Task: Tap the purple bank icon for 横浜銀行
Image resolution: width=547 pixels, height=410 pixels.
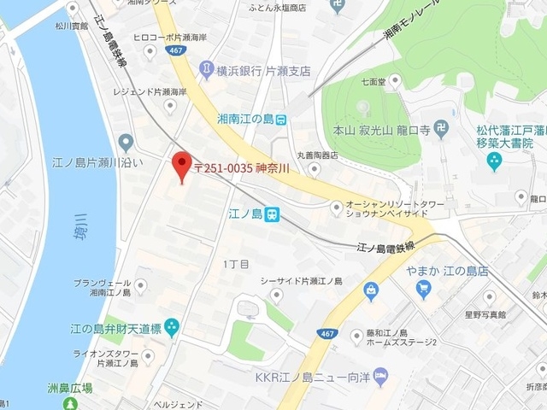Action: click(x=206, y=67)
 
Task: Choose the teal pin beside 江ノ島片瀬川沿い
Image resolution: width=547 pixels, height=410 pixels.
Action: click(x=126, y=141)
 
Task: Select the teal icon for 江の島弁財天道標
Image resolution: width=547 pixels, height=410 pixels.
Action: click(x=172, y=325)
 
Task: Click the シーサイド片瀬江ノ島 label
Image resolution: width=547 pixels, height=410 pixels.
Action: click(x=301, y=281)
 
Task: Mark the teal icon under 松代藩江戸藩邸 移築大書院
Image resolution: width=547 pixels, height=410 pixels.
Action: click(x=493, y=161)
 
